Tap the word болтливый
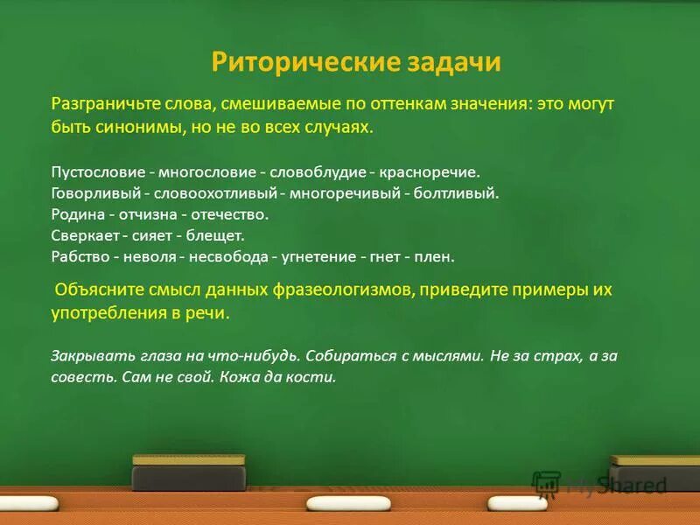coord(460,193)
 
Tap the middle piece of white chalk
coord(348,503)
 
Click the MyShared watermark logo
coord(600,485)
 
